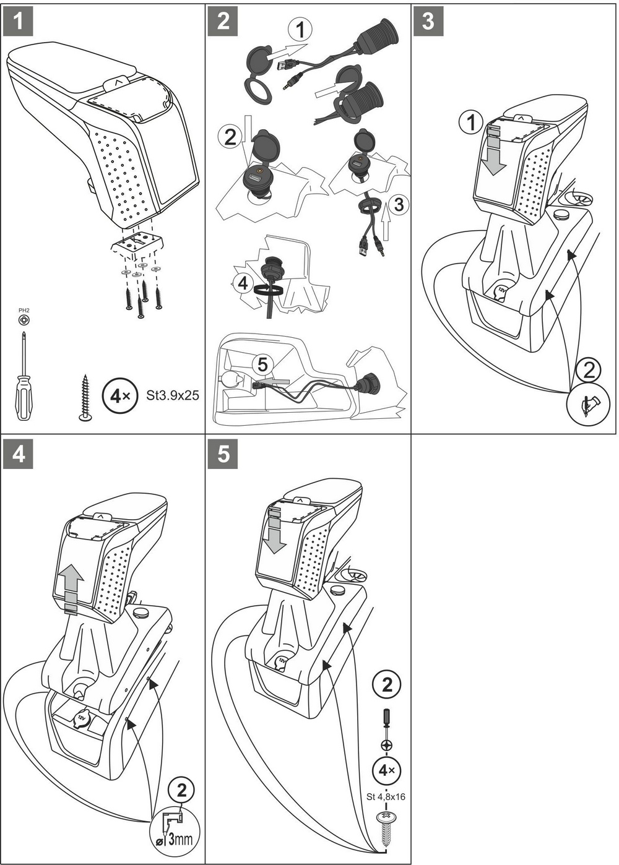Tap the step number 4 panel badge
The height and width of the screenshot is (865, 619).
[x=18, y=454]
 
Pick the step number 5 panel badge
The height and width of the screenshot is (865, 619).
[x=223, y=454]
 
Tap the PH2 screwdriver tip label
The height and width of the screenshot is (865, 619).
[x=24, y=311]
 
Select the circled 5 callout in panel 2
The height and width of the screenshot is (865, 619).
[x=262, y=365]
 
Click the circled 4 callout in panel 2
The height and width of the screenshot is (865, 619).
[x=243, y=283]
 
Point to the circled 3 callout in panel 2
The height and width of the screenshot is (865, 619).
[x=399, y=204]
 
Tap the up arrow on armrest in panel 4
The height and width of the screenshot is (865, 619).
[x=73, y=587]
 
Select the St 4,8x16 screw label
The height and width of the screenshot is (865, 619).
[x=386, y=796]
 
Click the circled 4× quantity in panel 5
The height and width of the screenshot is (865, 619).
[x=387, y=770]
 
